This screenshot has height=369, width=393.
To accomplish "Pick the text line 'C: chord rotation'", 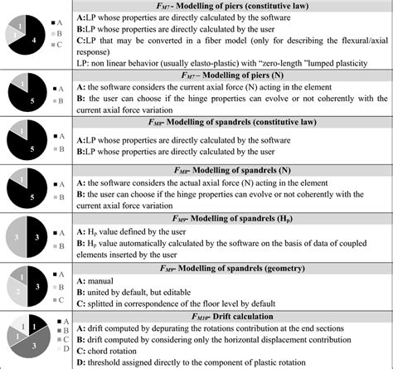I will pos(133,347).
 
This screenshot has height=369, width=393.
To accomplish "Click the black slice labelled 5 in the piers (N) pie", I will pos(31,103).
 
